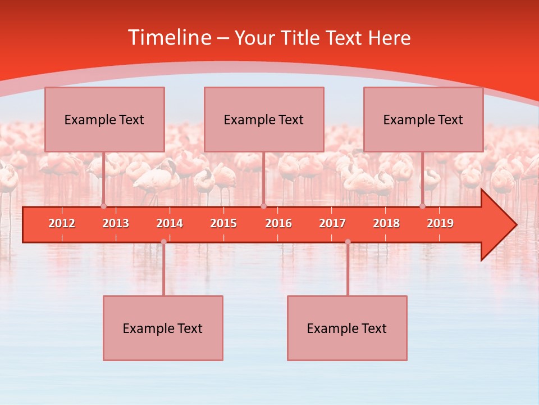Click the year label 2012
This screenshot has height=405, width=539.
pyautogui.click(x=62, y=223)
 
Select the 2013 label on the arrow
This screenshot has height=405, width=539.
pyautogui.click(x=116, y=223)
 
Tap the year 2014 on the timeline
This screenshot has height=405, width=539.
pyautogui.click(x=170, y=223)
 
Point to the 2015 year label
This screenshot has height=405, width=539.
pyautogui.click(x=223, y=223)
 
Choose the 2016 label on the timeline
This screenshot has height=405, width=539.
pyautogui.click(x=278, y=223)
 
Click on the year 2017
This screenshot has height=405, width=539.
pyautogui.click(x=332, y=223)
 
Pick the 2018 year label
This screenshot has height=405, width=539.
pyautogui.click(x=386, y=223)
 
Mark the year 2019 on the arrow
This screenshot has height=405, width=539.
pyautogui.click(x=440, y=223)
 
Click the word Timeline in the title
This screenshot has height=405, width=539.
pyautogui.click(x=169, y=38)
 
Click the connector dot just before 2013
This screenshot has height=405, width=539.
pyautogui.click(x=104, y=206)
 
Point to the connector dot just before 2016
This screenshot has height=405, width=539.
pyautogui.click(x=263, y=206)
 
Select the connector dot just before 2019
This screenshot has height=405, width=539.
pyautogui.click(x=423, y=206)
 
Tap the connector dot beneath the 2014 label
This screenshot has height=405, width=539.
pyautogui.click(x=163, y=242)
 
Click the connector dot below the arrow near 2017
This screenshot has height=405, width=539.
pyautogui.click(x=348, y=242)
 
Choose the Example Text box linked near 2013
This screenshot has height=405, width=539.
pyautogui.click(x=104, y=119)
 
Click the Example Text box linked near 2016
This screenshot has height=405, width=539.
pyautogui.click(x=264, y=119)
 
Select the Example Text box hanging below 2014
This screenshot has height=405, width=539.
pyautogui.click(x=163, y=328)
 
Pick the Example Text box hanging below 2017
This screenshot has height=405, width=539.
pyautogui.click(x=347, y=328)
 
